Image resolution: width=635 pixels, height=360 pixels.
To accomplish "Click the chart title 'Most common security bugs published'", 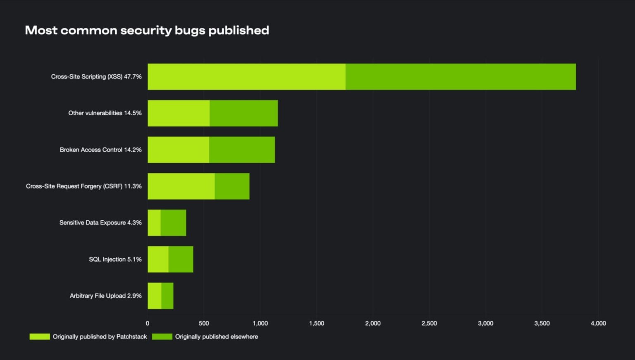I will tap(147, 30).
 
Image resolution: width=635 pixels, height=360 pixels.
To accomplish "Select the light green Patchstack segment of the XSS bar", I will tap(246, 76).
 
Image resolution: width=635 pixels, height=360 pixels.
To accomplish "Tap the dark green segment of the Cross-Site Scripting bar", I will tap(461, 76).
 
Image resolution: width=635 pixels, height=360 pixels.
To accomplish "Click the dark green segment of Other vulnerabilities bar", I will tap(243, 113).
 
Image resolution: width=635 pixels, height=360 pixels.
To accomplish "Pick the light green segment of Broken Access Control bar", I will tap(178, 150).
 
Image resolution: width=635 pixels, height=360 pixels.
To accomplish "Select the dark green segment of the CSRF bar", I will tap(232, 186).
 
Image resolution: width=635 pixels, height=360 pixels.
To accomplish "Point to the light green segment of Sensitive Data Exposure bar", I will tap(154, 223).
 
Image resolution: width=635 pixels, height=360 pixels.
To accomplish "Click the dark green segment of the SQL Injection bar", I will tap(181, 259).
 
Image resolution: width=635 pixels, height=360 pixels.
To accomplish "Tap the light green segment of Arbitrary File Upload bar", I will tap(155, 296).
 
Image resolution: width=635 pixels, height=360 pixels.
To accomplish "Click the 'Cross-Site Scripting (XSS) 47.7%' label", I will tap(96, 76).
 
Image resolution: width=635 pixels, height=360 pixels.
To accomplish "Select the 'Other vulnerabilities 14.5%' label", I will tap(105, 113).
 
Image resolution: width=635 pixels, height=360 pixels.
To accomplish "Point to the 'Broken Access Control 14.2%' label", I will tap(100, 150).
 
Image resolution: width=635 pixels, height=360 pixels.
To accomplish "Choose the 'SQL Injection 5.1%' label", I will tap(115, 259).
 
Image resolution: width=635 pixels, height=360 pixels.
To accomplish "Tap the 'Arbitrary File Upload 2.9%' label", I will tap(105, 296).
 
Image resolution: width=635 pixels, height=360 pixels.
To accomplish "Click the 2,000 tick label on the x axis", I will tap(373, 323).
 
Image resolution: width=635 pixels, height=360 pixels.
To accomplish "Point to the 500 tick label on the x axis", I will tap(204, 323).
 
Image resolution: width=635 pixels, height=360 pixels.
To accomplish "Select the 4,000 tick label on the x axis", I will tap(598, 323).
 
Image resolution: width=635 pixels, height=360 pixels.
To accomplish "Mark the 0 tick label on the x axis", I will tap(148, 323).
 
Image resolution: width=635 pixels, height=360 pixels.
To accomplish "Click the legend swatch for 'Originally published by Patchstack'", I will tap(40, 336).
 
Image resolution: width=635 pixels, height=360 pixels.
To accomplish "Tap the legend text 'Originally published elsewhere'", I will tap(216, 336).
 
